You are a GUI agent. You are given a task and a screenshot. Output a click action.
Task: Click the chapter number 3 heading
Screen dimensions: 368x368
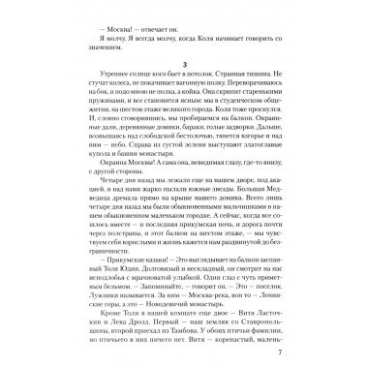coord(184,76)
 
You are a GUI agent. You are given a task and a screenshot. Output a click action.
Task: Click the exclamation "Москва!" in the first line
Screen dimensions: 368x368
coord(99,29)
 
